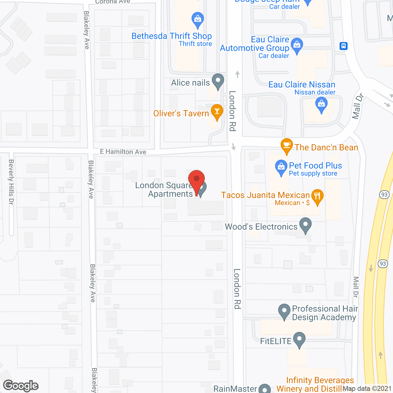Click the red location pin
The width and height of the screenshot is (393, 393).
[x=196, y=180]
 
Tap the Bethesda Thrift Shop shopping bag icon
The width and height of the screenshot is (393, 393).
[x=198, y=20]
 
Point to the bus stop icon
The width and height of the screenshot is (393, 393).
[x=343, y=46]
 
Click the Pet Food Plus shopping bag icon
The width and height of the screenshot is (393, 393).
[x=281, y=167]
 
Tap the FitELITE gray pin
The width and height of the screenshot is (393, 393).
[x=299, y=339]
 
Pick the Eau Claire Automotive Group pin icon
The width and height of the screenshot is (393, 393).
[x=297, y=45]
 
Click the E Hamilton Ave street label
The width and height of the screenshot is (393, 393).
[x=123, y=152]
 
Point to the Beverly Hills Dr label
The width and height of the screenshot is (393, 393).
[x=11, y=182]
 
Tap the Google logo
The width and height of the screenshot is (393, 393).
[x=21, y=386]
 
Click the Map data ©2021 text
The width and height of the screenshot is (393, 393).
[x=367, y=388]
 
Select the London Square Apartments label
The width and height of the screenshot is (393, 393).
[x=164, y=190]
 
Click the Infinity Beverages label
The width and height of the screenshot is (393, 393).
[x=320, y=380]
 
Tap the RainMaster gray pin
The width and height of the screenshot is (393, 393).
[x=265, y=389]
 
